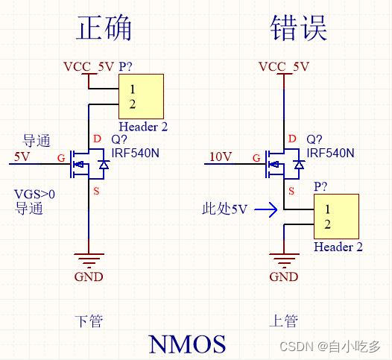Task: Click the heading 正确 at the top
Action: (104, 28)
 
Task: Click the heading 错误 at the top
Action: (298, 28)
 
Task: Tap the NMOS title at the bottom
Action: (187, 344)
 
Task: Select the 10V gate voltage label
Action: (221, 157)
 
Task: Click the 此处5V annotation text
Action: (224, 209)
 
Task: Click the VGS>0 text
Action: (34, 195)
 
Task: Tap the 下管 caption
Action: (88, 321)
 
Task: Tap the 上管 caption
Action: (283, 321)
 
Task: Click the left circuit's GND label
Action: (89, 277)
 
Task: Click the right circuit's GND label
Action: (283, 277)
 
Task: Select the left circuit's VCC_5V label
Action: (89, 66)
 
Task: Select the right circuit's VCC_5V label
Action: (283, 66)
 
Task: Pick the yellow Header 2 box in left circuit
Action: (142, 96)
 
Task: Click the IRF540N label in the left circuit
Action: (134, 153)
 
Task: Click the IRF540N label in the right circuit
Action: (329, 153)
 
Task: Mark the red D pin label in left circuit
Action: (97, 139)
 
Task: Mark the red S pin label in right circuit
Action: (292, 192)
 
